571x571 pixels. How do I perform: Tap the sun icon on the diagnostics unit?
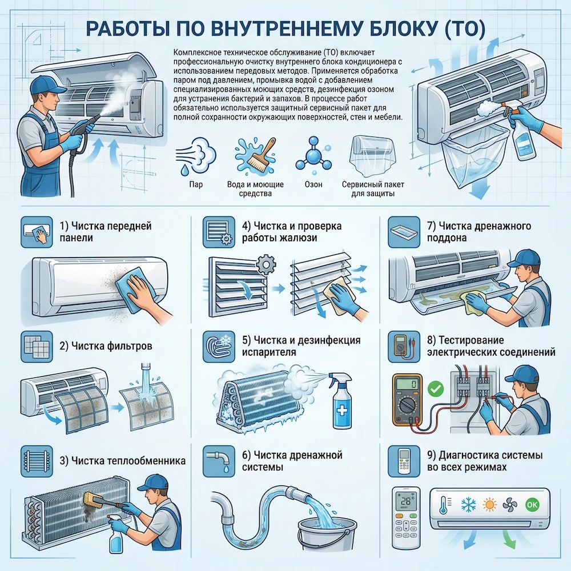coord(489,505)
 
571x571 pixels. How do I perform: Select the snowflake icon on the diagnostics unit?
coord(468,505)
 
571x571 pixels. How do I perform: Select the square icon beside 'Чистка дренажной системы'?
coord(220,461)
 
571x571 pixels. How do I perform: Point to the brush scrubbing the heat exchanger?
coord(91,501)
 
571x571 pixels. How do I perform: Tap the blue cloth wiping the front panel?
coord(130,290)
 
